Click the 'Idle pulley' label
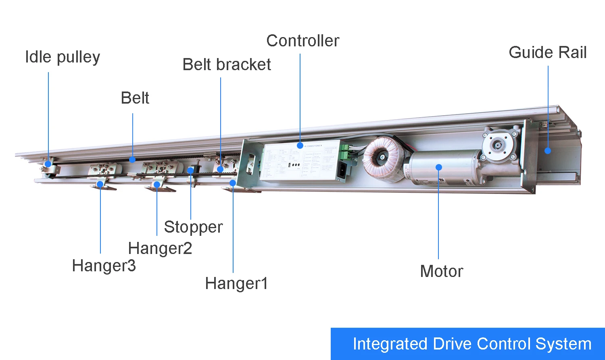(62, 57)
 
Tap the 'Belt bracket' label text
(226, 65)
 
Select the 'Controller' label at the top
(302, 41)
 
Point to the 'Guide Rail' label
(547, 52)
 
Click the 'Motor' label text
(441, 271)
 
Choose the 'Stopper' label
(193, 227)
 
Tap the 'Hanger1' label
(236, 283)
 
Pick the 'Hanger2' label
(160, 248)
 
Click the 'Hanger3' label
(104, 266)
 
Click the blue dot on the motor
(439, 167)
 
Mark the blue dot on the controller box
(300, 145)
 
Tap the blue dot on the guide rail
(548, 151)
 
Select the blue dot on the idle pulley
(48, 164)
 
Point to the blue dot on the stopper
(190, 171)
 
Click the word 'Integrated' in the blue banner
(390, 344)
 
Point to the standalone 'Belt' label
(135, 98)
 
